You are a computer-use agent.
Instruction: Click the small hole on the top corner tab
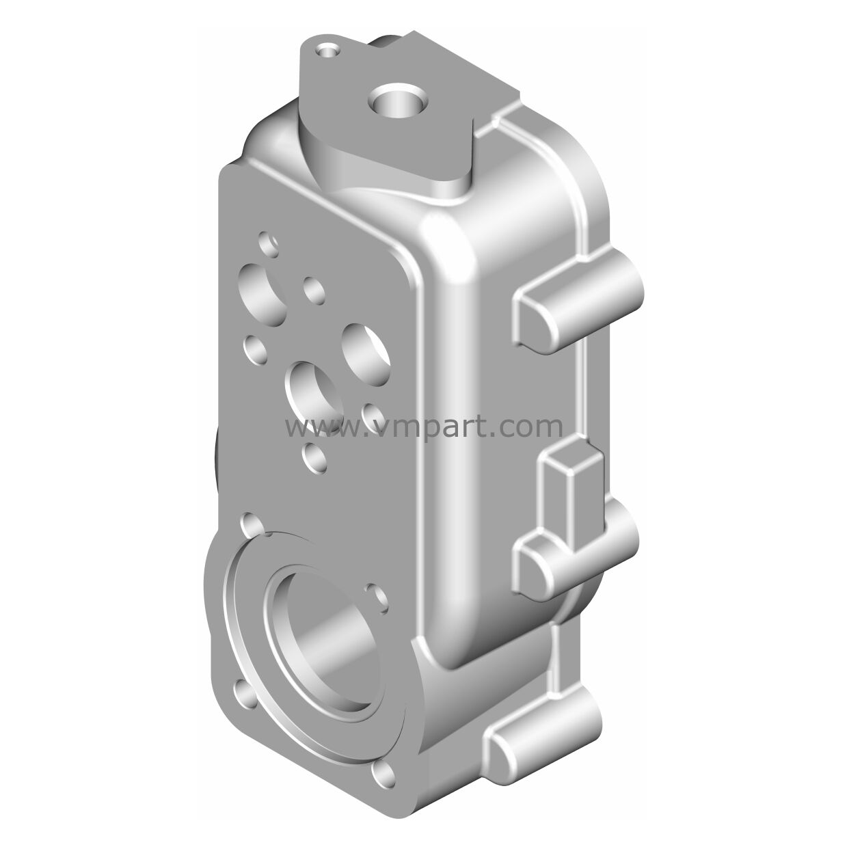327,52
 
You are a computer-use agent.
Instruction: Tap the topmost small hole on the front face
269,245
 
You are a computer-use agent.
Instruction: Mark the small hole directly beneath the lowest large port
314,458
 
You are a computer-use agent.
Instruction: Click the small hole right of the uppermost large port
314,291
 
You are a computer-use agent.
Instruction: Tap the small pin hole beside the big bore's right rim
377,599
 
